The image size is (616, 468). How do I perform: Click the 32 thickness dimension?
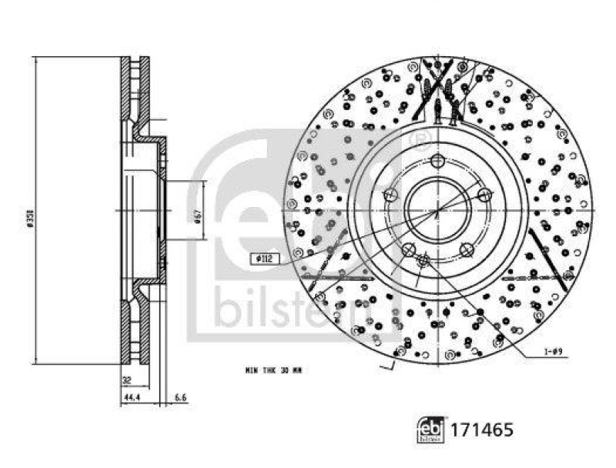[x=126, y=379]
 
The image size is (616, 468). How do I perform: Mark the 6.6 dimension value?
[x=181, y=399]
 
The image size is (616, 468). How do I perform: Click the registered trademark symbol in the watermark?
[x=420, y=139]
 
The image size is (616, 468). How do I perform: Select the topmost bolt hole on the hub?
[x=437, y=160]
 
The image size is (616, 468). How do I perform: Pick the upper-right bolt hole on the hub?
[x=484, y=195]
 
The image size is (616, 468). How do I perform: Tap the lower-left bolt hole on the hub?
[x=408, y=249]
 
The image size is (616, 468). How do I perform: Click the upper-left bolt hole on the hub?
[x=390, y=195]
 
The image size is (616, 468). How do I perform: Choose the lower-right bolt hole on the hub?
[x=467, y=249]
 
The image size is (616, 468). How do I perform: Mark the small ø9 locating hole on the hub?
[x=423, y=262]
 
